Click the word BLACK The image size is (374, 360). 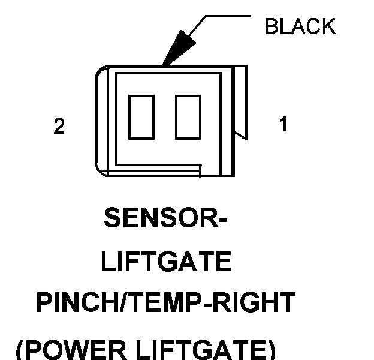tap(300, 26)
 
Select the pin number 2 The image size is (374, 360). tap(59, 127)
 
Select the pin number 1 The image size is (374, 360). tap(283, 124)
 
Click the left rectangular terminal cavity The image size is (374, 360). tap(141, 116)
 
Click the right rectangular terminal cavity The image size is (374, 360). tap(187, 116)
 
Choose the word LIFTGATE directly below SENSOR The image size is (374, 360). tap(166, 262)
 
